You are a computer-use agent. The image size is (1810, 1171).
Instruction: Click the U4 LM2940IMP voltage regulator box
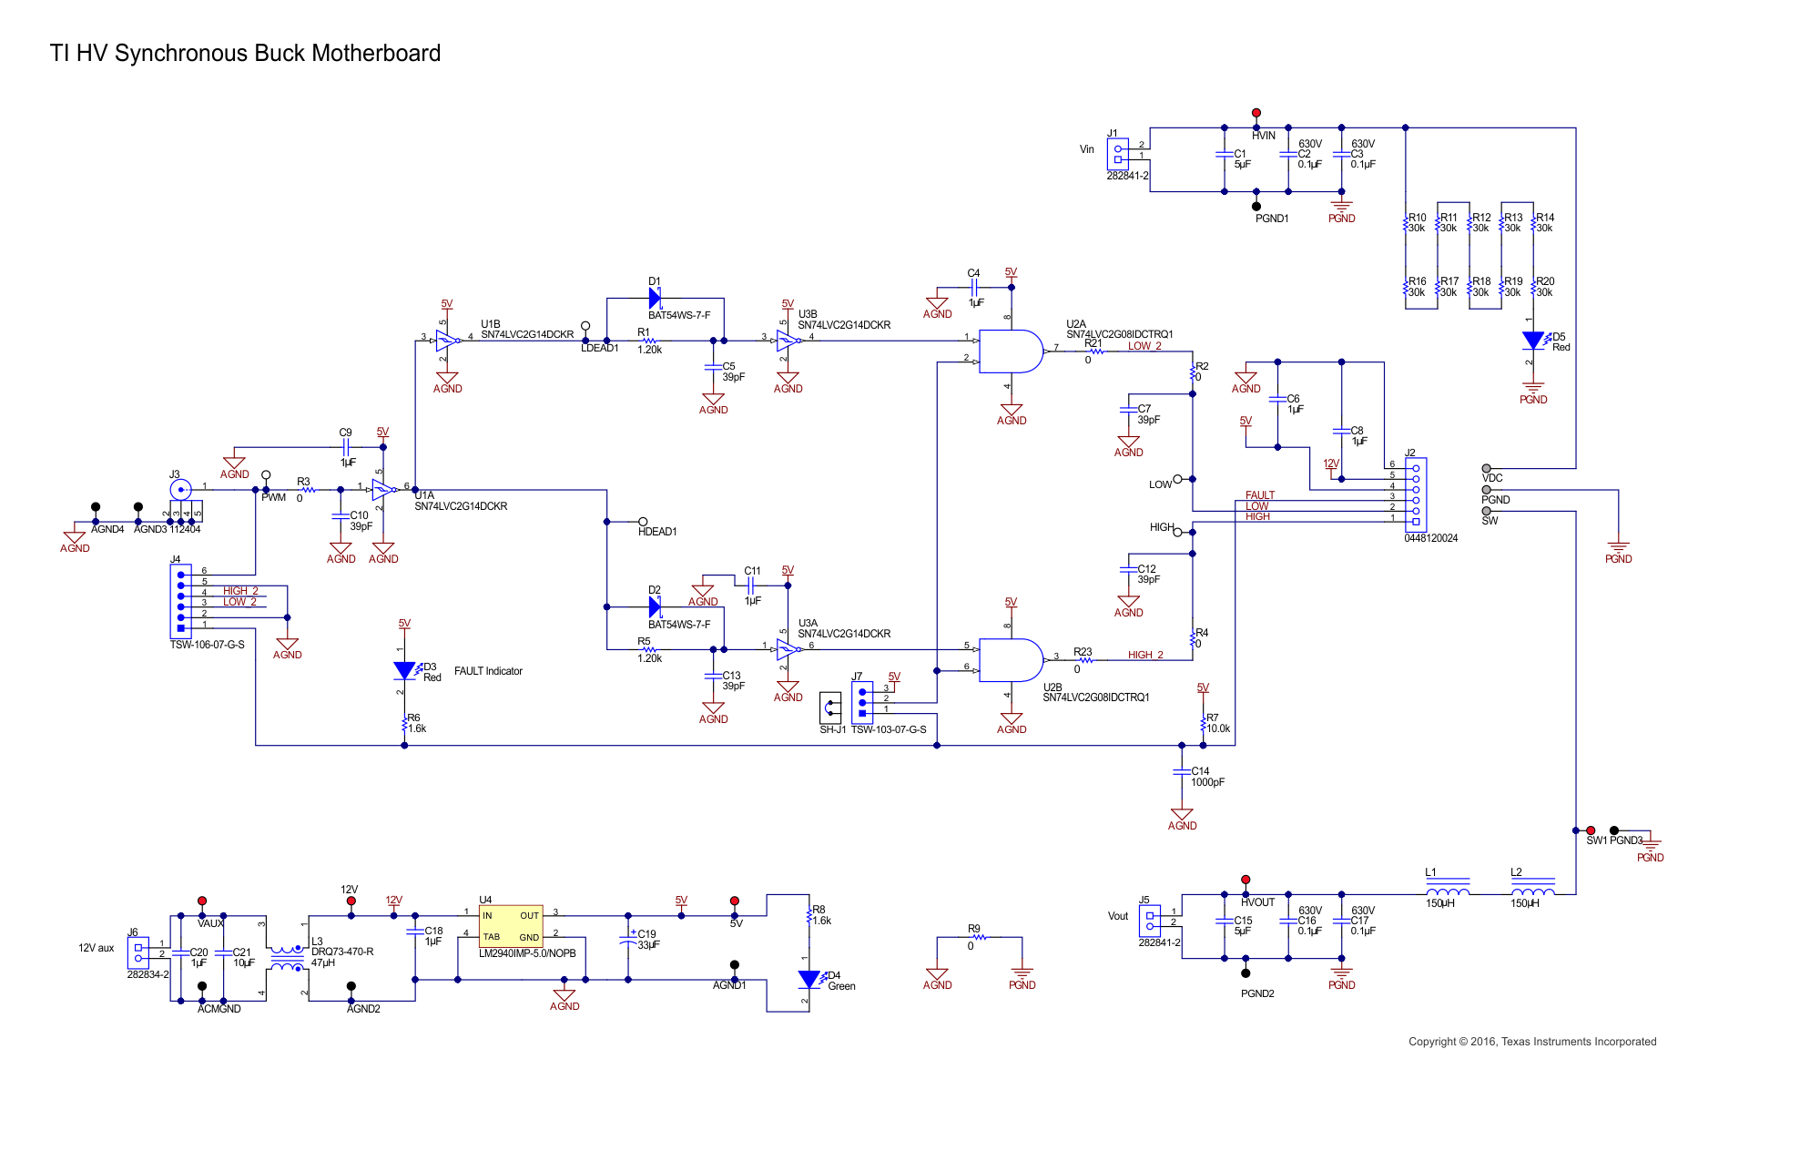click(511, 926)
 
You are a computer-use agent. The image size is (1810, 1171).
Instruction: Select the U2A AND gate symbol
click(1011, 351)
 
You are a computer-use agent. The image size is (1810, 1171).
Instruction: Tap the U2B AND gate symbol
click(1011, 660)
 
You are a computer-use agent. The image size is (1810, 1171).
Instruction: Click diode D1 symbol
click(655, 298)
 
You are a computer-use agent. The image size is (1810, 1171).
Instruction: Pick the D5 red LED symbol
click(1533, 341)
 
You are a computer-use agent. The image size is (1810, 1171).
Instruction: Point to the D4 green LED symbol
click(808, 980)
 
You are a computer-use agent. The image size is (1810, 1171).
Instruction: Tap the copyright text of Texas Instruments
click(1531, 1042)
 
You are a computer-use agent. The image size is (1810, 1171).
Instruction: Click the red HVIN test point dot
click(1256, 113)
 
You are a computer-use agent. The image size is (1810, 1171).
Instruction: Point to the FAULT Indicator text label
click(488, 671)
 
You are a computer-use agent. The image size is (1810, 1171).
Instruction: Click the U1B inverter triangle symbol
click(447, 341)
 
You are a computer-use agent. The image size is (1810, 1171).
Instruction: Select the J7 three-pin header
click(862, 702)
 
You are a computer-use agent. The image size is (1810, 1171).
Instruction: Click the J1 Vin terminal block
click(1118, 154)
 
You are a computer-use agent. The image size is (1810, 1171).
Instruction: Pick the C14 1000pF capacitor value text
click(1207, 782)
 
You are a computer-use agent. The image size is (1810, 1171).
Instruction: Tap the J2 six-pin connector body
click(1416, 494)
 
